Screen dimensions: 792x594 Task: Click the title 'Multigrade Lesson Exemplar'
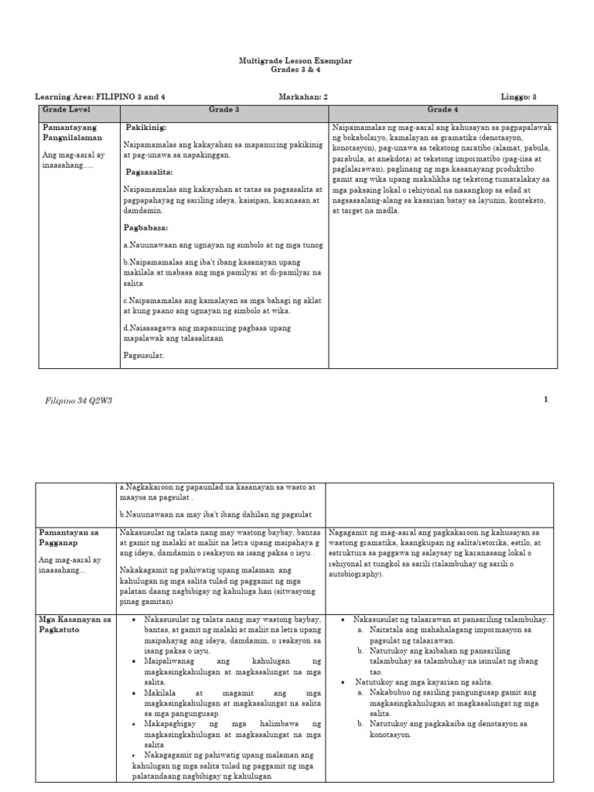(297, 60)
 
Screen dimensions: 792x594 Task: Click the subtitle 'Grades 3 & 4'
(297, 70)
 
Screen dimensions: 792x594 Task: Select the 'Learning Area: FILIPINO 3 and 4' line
(100, 97)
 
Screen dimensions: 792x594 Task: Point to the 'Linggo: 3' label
(524, 97)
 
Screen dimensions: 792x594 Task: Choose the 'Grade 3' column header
(224, 110)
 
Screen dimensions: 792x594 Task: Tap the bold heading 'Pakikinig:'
(147, 127)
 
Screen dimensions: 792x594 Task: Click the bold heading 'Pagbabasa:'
(146, 227)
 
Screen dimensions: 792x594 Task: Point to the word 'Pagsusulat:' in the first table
(144, 356)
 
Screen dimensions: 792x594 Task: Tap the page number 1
(545, 399)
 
